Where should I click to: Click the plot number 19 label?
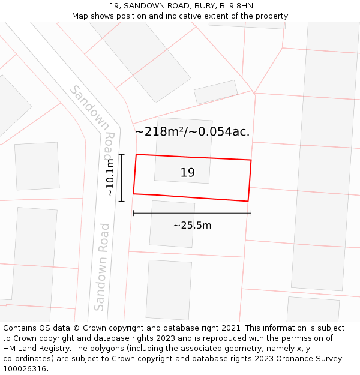point(187,173)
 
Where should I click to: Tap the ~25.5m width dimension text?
point(192,226)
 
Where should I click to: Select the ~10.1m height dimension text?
point(110,178)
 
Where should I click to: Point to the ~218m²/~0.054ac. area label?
point(192,131)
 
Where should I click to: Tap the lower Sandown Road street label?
point(103,266)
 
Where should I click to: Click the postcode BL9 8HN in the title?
point(236,6)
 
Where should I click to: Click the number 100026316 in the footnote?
point(23,369)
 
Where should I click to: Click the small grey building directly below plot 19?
point(172,224)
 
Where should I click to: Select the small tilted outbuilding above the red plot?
point(215,92)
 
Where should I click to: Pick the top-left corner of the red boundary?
point(136,154)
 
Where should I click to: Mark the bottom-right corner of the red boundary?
point(248,201)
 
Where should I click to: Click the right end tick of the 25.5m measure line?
point(251,213)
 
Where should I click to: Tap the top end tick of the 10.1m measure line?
point(121,155)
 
